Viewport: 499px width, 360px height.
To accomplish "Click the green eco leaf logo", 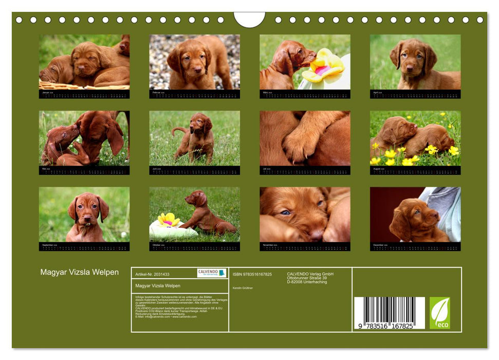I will (439, 313).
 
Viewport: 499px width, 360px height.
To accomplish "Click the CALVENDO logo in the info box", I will (212, 273).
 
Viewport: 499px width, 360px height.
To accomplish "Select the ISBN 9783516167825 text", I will (252, 275).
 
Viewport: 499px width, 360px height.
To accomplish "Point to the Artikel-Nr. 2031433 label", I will (152, 275).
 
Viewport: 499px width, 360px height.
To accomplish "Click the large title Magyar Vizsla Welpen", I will (80, 272).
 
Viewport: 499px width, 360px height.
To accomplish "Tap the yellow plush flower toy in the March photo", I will (323, 66).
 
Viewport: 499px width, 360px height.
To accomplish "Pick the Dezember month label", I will (379, 245).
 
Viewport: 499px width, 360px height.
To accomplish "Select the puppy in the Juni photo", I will (196, 137).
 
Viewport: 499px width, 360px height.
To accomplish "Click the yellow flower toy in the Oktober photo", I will (168, 220).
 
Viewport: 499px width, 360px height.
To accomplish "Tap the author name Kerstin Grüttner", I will (243, 288).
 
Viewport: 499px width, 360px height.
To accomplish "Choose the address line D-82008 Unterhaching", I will (307, 282).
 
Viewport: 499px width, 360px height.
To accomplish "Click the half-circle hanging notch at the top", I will (249, 19).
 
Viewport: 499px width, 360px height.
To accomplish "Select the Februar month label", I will (157, 93).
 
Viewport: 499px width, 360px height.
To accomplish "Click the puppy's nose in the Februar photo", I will (194, 71).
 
